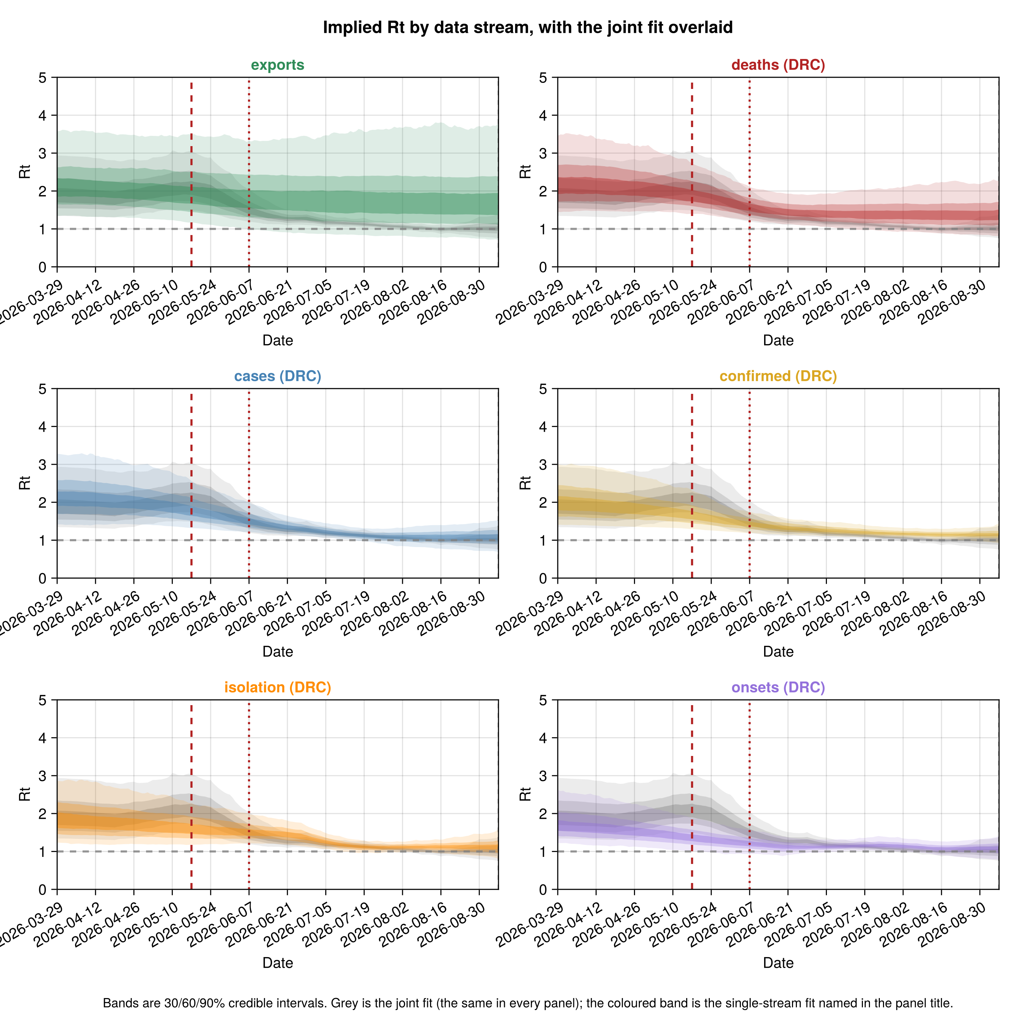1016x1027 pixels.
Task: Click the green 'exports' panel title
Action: click(x=277, y=65)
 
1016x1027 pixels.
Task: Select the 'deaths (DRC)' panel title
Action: click(x=778, y=65)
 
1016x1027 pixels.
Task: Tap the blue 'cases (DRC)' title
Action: click(x=277, y=376)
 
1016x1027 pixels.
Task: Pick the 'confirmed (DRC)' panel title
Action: click(x=778, y=376)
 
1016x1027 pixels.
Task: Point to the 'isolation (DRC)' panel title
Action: click(x=277, y=687)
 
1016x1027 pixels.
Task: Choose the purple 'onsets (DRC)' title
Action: click(x=778, y=687)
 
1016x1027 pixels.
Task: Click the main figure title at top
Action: click(x=528, y=27)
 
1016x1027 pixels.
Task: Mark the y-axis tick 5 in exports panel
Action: click(x=43, y=78)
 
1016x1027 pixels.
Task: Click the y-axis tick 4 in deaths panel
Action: click(x=543, y=115)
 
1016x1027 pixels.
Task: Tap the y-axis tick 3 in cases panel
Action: click(x=43, y=464)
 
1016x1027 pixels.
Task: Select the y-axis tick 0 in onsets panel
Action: click(x=543, y=889)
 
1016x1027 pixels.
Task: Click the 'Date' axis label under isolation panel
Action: click(x=277, y=963)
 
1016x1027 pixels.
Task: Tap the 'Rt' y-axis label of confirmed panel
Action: click(x=525, y=483)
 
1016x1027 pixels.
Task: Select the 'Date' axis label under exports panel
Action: click(x=277, y=340)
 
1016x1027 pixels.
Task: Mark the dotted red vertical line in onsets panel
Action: click(x=749, y=795)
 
